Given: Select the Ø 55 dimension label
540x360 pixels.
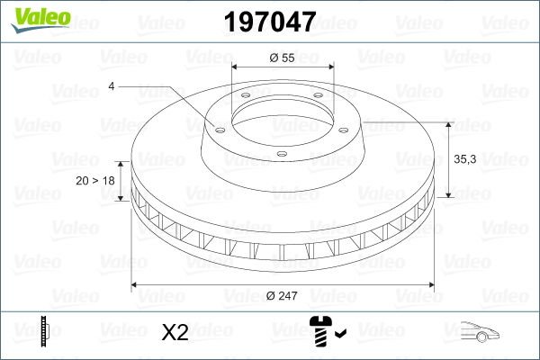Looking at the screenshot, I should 283,58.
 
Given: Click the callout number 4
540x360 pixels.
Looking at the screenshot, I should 112,85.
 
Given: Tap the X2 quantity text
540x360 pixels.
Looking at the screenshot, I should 174,333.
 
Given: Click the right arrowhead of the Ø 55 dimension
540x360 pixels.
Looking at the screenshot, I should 329,68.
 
